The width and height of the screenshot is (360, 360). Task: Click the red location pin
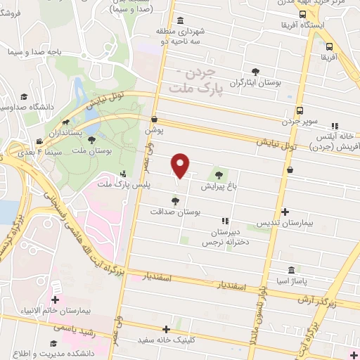pyautogui.click(x=181, y=165)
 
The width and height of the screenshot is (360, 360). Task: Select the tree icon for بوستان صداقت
pyautogui.click(x=176, y=201)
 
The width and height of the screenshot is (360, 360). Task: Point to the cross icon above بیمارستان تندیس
pyautogui.click(x=285, y=212)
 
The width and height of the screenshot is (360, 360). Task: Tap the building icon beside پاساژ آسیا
pyautogui.click(x=291, y=270)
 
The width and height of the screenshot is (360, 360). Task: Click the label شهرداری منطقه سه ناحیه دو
pyautogui.click(x=180, y=36)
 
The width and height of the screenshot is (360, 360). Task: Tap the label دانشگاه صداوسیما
pyautogui.click(x=17, y=107)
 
